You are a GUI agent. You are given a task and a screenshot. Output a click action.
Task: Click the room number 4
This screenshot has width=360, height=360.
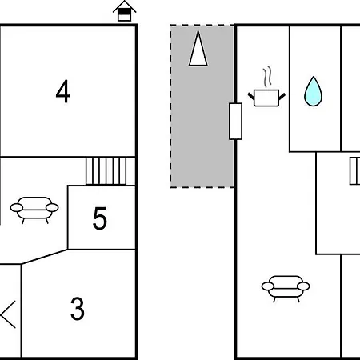63,91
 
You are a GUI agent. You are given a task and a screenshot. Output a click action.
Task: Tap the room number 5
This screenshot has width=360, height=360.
100,218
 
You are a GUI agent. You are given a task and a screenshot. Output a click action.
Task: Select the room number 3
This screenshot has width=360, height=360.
78,309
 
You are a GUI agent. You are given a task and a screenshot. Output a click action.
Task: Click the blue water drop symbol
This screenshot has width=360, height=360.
314,91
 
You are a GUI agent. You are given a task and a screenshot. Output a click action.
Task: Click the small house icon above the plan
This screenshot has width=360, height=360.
125,11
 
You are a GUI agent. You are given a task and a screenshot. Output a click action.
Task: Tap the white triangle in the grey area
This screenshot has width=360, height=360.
198,49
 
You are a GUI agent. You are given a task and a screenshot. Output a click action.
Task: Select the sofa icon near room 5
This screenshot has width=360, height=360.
34,210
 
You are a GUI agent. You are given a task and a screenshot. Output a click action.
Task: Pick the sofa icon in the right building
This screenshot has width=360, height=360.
286,289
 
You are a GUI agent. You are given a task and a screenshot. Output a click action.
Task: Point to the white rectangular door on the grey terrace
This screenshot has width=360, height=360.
236,121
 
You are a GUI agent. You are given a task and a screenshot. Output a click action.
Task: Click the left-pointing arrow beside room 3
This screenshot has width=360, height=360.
8,314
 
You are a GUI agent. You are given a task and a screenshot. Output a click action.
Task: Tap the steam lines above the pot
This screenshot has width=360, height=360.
267,77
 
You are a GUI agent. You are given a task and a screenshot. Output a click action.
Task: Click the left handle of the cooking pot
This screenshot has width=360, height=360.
251,96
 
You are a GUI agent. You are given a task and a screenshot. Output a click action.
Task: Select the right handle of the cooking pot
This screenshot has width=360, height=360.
282,96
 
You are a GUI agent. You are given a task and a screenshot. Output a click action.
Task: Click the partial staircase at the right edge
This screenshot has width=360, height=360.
355,171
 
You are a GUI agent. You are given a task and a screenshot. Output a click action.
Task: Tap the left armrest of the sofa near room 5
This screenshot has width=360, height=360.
17,208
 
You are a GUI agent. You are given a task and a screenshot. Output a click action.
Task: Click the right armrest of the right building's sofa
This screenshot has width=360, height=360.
303,286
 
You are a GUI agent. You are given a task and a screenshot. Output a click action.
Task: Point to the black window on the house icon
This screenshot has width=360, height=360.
125,11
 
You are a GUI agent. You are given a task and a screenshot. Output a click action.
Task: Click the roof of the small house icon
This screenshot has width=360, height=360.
125,6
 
